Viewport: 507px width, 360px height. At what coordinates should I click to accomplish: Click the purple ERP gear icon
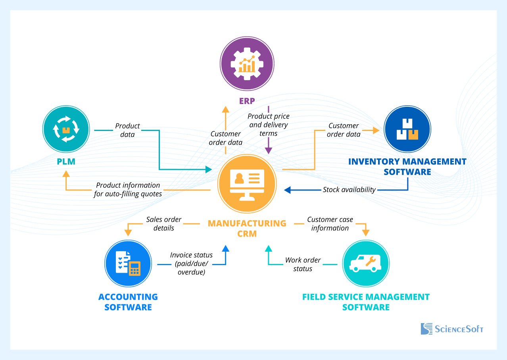pyautogui.click(x=247, y=64)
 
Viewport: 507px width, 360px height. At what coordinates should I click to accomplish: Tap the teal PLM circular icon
pyautogui.click(x=66, y=129)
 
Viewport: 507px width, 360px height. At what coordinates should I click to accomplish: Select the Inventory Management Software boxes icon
pyautogui.click(x=407, y=129)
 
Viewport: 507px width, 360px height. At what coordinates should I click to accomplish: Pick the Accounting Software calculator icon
pyautogui.click(x=128, y=264)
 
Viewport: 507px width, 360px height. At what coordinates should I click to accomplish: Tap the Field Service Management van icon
pyautogui.click(x=366, y=264)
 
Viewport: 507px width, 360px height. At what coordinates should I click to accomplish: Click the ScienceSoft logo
pyautogui.click(x=452, y=329)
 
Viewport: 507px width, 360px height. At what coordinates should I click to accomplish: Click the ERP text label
pyautogui.click(x=247, y=101)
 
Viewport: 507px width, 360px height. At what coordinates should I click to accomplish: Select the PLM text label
pyautogui.click(x=65, y=162)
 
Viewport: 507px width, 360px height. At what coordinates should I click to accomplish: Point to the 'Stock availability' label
pyautogui.click(x=349, y=190)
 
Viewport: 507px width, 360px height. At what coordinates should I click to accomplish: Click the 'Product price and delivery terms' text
pyautogui.click(x=269, y=125)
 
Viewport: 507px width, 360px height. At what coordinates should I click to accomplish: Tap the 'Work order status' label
pyautogui.click(x=303, y=264)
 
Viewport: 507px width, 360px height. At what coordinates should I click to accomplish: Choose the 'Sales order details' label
pyautogui.click(x=164, y=224)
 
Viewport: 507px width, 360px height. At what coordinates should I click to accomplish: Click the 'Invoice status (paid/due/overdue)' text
pyautogui.click(x=191, y=264)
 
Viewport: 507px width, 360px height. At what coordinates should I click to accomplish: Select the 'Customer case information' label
pyautogui.click(x=330, y=224)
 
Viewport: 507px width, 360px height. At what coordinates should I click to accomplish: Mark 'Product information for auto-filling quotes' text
pyautogui.click(x=128, y=190)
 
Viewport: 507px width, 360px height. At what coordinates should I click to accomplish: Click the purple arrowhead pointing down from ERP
pyautogui.click(x=269, y=150)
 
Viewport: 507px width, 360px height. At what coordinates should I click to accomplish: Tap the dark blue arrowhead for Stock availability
pyautogui.click(x=288, y=190)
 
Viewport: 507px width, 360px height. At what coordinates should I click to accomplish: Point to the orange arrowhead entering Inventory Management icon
pyautogui.click(x=376, y=130)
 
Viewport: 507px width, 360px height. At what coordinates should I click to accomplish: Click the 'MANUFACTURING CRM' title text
pyautogui.click(x=247, y=228)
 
